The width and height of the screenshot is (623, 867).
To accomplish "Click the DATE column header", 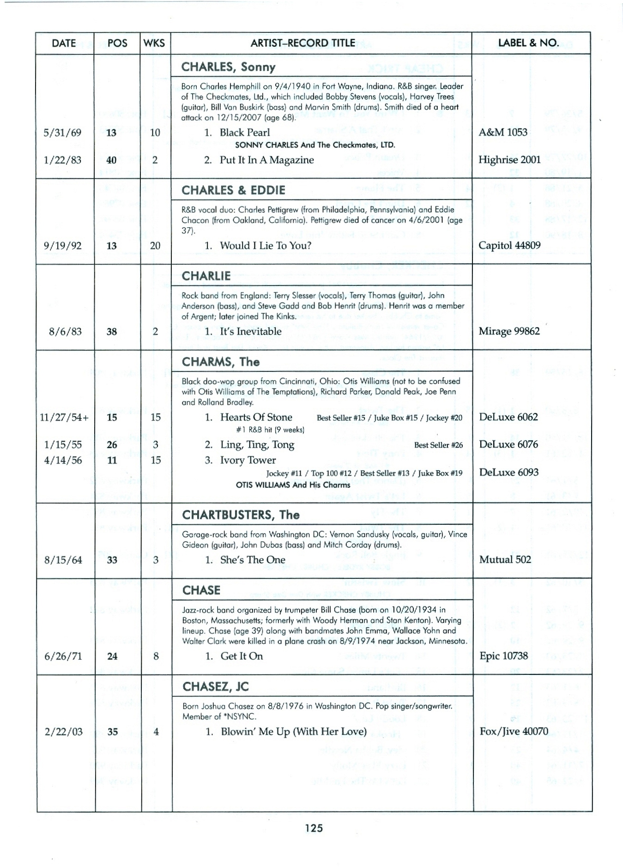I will pyautogui.click(x=64, y=43).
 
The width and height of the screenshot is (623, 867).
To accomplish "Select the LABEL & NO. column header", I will pyautogui.click(x=528, y=43).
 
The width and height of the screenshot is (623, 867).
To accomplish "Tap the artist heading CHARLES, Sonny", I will pyautogui.click(x=228, y=67).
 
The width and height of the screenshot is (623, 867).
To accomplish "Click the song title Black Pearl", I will pyautogui.click(x=245, y=133).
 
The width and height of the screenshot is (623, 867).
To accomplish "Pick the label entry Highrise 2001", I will pyautogui.click(x=509, y=160).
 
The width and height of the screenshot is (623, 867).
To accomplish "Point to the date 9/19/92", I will pyautogui.click(x=62, y=246).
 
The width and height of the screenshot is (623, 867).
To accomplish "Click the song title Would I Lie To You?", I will pyautogui.click(x=266, y=246).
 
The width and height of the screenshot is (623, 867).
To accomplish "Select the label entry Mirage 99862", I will pyautogui.click(x=509, y=331).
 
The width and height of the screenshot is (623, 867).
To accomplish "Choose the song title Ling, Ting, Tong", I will pyautogui.click(x=257, y=445).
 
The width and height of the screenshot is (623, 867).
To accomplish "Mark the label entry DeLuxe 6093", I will pyautogui.click(x=508, y=472).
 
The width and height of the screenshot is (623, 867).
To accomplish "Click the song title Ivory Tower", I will pyautogui.click(x=248, y=460).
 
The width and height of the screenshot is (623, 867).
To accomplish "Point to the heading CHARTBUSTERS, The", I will pyautogui.click(x=241, y=515).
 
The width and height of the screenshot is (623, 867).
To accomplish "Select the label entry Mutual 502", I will pyautogui.click(x=505, y=560).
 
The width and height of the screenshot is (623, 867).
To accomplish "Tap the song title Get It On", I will pyautogui.click(x=242, y=656).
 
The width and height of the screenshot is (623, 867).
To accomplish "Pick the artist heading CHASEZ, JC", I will pyautogui.click(x=215, y=687).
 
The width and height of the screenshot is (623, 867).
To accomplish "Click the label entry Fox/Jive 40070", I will pyautogui.click(x=514, y=732).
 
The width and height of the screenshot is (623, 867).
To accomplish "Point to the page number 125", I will pyautogui.click(x=314, y=828).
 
